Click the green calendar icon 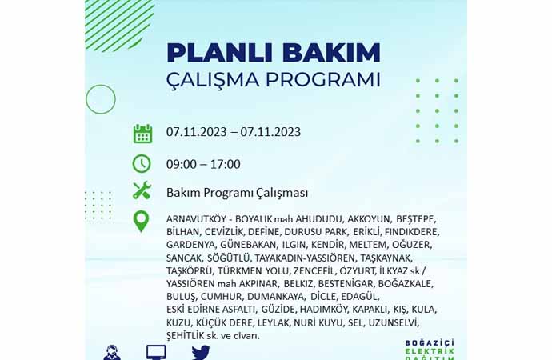pyautogui.click(x=142, y=134)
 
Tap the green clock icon pyautogui.click(x=142, y=164)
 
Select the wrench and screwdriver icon pyautogui.click(x=142, y=190)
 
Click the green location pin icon pyautogui.click(x=141, y=222)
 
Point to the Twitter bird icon pyautogui.click(x=201, y=353)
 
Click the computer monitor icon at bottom pyautogui.click(x=156, y=352)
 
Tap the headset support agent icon pyautogui.click(x=112, y=353)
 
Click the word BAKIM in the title pyautogui.click(x=331, y=53)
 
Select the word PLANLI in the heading pyautogui.click(x=220, y=53)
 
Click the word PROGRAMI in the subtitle pyautogui.click(x=323, y=79)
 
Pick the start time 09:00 pyautogui.click(x=182, y=164)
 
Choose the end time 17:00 pyautogui.click(x=226, y=164)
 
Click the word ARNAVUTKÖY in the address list pyautogui.click(x=196, y=219)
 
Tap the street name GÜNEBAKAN pyautogui.click(x=249, y=245)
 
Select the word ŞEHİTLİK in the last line pyautogui.click(x=185, y=336)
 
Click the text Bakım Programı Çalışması pyautogui.click(x=238, y=193)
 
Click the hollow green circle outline pyautogui.click(x=101, y=85)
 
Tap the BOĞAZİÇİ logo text pyautogui.click(x=430, y=343)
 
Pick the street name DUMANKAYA pyautogui.click(x=276, y=297)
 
